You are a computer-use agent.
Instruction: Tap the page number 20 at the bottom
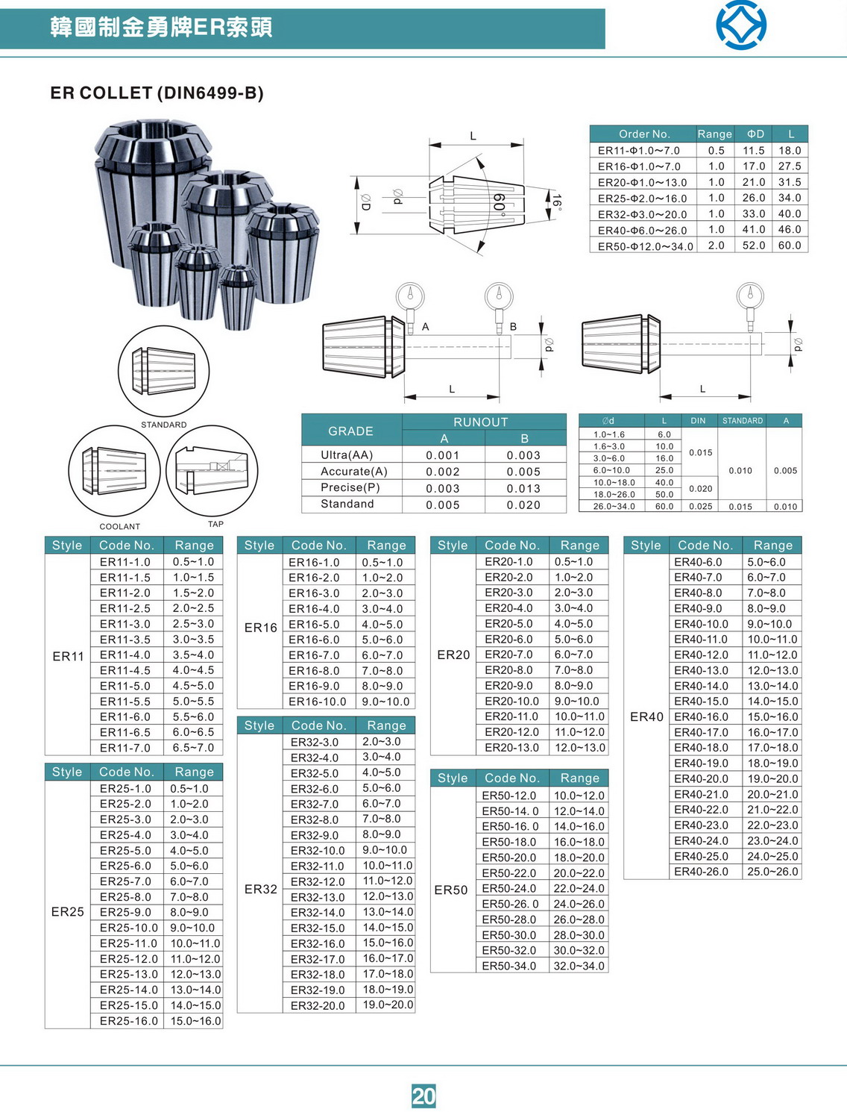[x=423, y=1096]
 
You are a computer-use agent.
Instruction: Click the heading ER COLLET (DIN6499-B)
[x=157, y=93]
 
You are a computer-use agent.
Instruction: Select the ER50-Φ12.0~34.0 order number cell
[x=645, y=246]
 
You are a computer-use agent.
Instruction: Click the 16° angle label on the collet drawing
[x=556, y=201]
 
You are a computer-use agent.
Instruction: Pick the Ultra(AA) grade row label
[x=347, y=455]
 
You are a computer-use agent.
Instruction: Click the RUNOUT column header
[x=480, y=422]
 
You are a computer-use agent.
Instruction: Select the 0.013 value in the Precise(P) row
[x=524, y=488]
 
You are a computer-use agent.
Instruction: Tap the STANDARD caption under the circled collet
[x=164, y=425]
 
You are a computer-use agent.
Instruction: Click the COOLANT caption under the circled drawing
[x=120, y=526]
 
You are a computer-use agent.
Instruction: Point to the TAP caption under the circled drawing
[x=215, y=524]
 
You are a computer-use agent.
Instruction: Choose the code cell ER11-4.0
[x=125, y=655]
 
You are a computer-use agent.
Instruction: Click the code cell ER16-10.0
[x=318, y=702]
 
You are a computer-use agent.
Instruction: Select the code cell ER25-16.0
[x=129, y=1021]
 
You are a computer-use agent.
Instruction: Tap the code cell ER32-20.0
[x=318, y=1005]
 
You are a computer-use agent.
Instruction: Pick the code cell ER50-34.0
[x=509, y=966]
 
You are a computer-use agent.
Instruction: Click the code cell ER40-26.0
[x=702, y=872]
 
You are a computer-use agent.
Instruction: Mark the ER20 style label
[x=453, y=655]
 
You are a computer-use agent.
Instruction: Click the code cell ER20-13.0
[x=511, y=748]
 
